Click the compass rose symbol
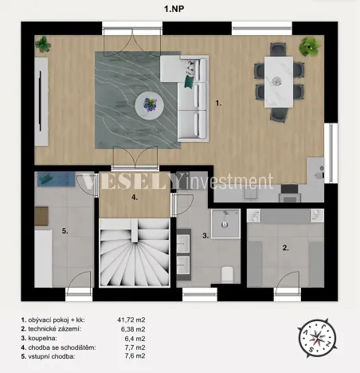[x=317, y=338]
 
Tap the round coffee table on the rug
[x=149, y=102]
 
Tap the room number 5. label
[x=65, y=231]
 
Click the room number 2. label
[x=285, y=248]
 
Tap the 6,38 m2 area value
[x=131, y=328]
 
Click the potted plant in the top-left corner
[x=42, y=45]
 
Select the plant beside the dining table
[x=308, y=48]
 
